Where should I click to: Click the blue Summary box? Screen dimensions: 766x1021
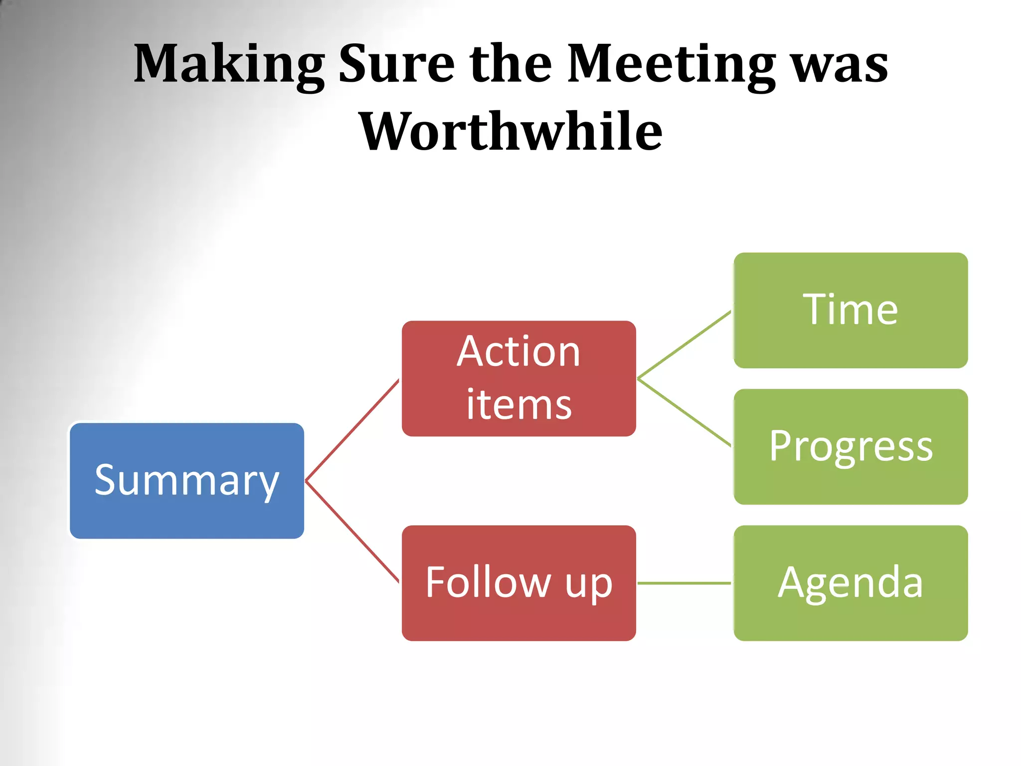tap(187, 481)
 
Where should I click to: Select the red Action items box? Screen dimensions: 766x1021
tap(518, 378)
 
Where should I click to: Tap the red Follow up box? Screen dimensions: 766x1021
tap(518, 582)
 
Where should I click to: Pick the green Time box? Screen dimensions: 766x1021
tap(851, 310)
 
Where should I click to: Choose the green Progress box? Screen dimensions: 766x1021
tap(851, 446)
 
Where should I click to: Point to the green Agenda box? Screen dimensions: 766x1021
tap(851, 582)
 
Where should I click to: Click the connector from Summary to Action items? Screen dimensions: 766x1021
tap(352, 430)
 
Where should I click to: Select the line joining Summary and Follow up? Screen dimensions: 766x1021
tap(352, 532)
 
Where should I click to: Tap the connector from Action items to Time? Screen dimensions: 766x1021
tap(684, 345)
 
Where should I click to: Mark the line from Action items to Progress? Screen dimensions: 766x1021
tap(684, 412)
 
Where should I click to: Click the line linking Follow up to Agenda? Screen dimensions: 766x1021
tap(684, 582)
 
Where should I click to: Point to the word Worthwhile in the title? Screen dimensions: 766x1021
tap(510, 132)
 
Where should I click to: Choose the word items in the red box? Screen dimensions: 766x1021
tap(518, 404)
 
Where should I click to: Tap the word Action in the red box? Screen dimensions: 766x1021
tap(518, 352)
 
